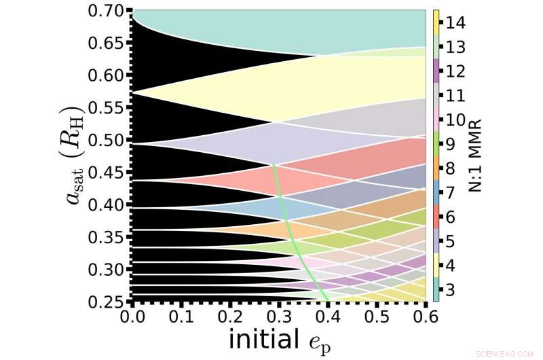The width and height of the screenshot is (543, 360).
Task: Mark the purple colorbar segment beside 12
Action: pos(437,71)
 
